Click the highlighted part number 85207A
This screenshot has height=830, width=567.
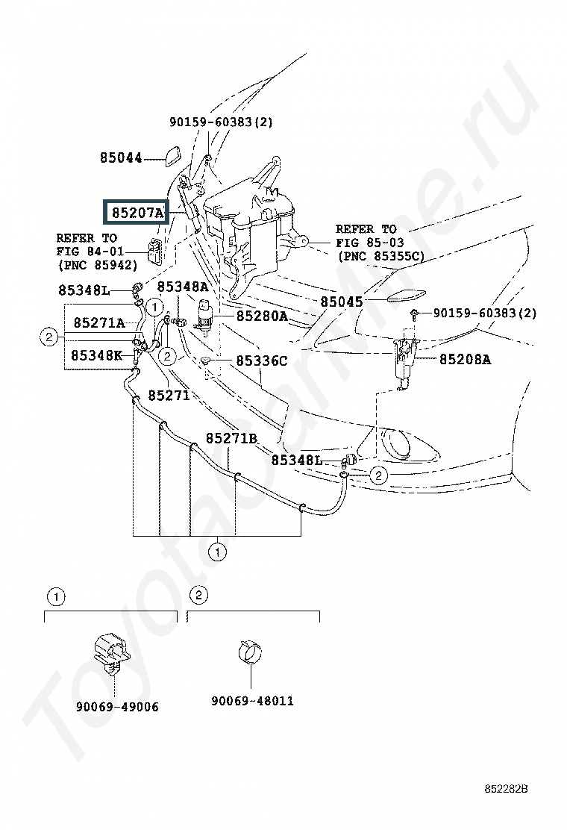(137, 213)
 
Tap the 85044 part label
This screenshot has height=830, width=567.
(121, 157)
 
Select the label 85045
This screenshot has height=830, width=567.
(342, 302)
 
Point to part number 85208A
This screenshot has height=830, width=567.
(465, 360)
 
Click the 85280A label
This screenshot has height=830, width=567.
(262, 316)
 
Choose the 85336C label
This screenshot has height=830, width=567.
(262, 361)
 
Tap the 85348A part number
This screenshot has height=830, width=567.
(183, 287)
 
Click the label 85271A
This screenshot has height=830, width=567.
(99, 323)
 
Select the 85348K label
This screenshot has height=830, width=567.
(96, 355)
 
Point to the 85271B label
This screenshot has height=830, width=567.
(232, 438)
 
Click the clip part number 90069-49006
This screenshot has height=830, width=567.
(117, 707)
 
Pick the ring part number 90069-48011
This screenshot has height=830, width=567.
(252, 701)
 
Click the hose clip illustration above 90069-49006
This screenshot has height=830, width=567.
(112, 653)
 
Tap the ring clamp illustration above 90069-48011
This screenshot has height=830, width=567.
(250, 652)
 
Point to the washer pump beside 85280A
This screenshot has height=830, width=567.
(204, 316)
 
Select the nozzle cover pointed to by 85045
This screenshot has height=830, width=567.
(407, 295)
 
